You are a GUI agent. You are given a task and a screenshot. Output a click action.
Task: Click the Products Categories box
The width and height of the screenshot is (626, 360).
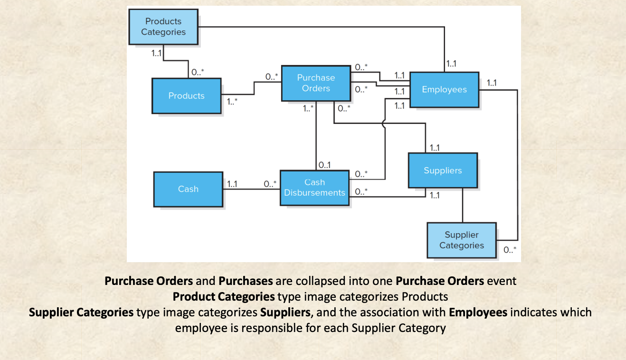(x=163, y=27)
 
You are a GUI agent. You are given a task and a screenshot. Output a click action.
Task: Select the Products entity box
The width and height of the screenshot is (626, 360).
(x=186, y=95)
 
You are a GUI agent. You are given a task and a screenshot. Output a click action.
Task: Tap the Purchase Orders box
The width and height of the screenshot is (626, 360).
(x=316, y=83)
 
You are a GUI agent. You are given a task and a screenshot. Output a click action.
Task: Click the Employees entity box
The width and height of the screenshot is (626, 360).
(x=444, y=89)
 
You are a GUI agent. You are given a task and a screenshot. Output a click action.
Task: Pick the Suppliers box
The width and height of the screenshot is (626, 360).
(x=443, y=171)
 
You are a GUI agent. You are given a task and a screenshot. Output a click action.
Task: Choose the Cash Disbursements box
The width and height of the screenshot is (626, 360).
(x=314, y=188)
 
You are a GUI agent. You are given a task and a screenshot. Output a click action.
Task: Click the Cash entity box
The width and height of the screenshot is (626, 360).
(x=188, y=189)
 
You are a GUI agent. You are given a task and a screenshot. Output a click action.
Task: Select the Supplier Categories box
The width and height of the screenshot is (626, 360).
(x=461, y=240)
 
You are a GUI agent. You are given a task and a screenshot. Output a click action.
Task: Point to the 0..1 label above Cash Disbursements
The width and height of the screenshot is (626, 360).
(x=325, y=165)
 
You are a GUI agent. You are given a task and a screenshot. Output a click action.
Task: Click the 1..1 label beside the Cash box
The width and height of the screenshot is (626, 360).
(x=232, y=184)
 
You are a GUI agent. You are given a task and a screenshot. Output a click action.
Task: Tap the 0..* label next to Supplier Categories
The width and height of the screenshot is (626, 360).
(x=510, y=249)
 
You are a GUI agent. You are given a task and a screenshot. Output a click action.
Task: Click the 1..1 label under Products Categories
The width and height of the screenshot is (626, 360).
(x=156, y=53)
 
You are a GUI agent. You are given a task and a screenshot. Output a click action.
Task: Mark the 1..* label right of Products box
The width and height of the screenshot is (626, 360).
(x=232, y=101)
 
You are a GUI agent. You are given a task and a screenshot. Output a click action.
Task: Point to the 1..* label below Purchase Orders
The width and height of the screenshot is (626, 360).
(x=308, y=108)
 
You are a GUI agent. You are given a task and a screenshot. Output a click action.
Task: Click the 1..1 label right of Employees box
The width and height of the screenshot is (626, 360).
(x=492, y=83)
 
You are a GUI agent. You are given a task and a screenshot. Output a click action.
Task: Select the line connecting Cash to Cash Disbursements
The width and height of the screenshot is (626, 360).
(x=251, y=189)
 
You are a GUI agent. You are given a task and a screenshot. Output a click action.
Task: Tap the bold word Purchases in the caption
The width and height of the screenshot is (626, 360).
(x=246, y=281)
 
